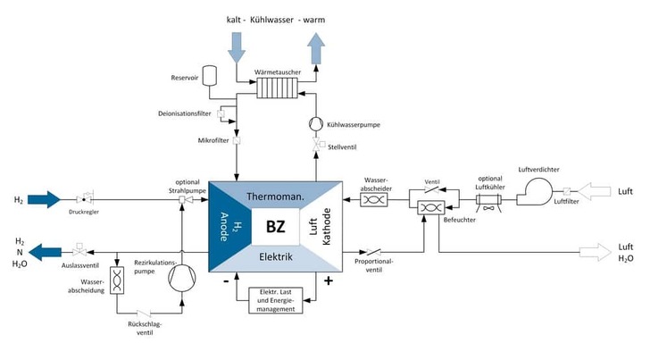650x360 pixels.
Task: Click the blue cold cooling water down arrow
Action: click(237, 46)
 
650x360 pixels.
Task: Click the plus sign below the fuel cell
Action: click(329, 282)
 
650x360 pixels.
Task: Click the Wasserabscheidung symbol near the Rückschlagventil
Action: click(118, 278)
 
